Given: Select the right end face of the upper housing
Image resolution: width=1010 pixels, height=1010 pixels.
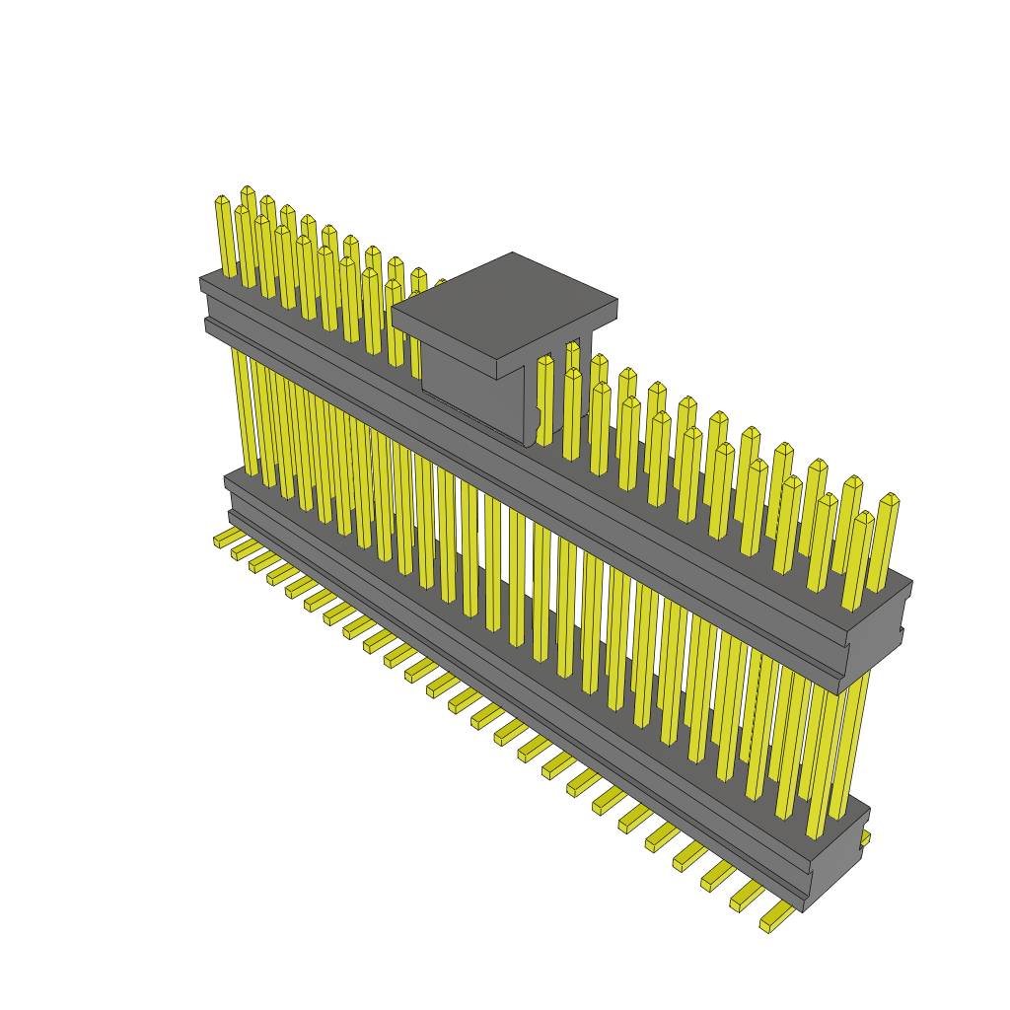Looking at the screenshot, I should click(x=876, y=641).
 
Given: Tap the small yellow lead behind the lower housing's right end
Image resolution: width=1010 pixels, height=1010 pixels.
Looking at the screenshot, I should click(x=865, y=837).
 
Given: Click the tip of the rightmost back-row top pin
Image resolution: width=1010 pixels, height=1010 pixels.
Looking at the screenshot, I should click(x=889, y=500).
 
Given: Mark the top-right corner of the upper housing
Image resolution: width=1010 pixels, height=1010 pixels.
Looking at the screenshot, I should click(x=909, y=583).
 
